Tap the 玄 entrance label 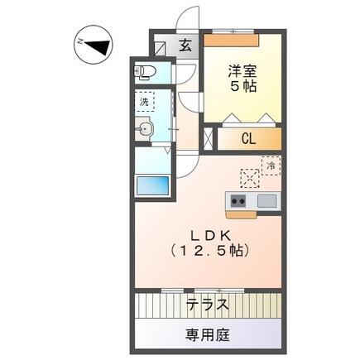click(186, 46)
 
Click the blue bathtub click(151, 186)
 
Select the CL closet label click(247, 139)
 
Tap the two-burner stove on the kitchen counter click(238, 201)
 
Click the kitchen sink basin click(266, 201)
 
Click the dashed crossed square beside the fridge click(249, 177)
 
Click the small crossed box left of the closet click(209, 138)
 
